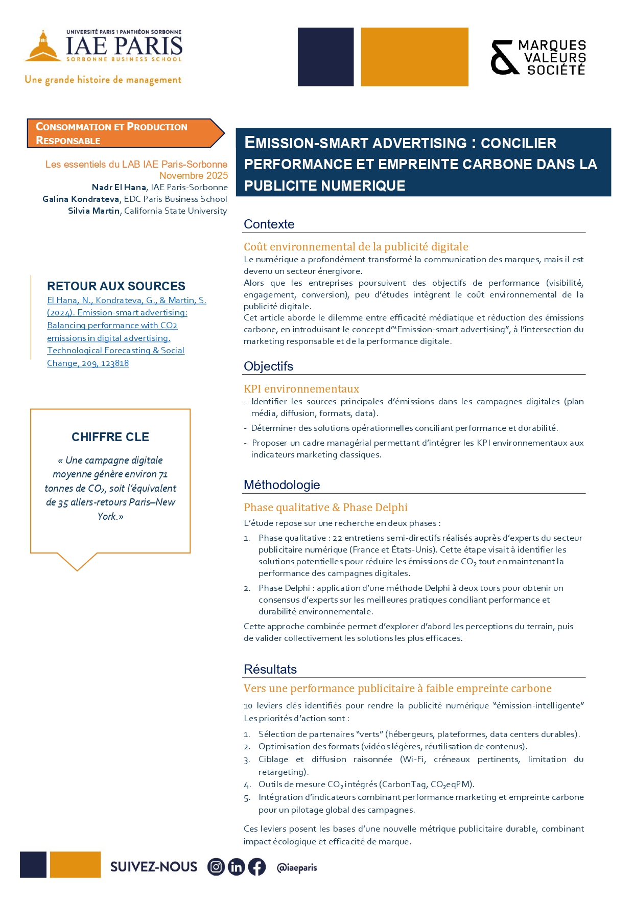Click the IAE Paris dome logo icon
(43, 47)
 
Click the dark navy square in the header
(325, 57)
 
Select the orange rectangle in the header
(414, 57)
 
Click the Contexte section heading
(269, 224)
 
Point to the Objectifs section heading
(268, 366)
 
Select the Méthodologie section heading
(281, 485)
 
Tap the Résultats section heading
(270, 670)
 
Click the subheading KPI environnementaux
(301, 389)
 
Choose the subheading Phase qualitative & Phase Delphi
(325, 508)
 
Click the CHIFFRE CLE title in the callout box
(110, 438)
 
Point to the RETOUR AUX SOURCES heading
(116, 286)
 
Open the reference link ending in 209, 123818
(88, 363)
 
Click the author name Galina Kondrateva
(81, 199)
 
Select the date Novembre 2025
(194, 176)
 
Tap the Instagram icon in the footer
(216, 867)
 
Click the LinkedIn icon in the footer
(236, 867)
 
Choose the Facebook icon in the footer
(257, 867)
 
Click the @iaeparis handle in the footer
(296, 868)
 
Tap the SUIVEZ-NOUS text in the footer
(154, 867)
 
